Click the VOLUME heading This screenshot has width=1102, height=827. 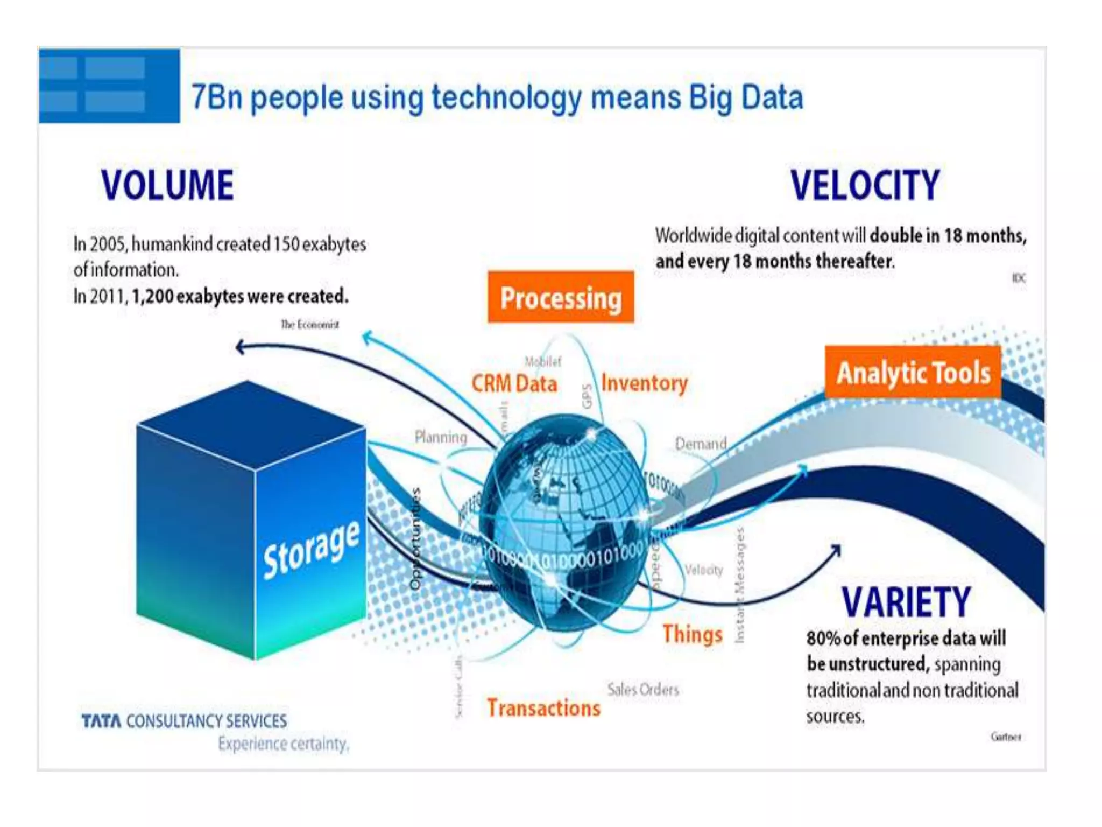167,185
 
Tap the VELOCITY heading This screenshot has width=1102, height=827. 865,185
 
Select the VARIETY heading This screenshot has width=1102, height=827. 906,602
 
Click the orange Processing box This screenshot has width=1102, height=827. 561,298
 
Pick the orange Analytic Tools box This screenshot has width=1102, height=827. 913,373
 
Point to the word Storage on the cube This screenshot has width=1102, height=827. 311,550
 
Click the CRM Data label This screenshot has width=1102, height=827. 514,384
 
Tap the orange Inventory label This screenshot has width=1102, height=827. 644,383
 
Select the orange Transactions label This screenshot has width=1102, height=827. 543,708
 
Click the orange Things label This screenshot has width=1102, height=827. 692,634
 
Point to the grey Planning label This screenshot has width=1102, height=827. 441,437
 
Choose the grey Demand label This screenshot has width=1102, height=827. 701,444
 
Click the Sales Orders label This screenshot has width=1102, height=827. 643,689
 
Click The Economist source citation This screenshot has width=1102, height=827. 309,324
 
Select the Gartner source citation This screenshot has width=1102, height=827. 1005,737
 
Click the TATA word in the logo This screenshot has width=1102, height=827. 101,721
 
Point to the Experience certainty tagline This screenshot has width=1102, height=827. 284,744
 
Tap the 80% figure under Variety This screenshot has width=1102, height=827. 823,639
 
